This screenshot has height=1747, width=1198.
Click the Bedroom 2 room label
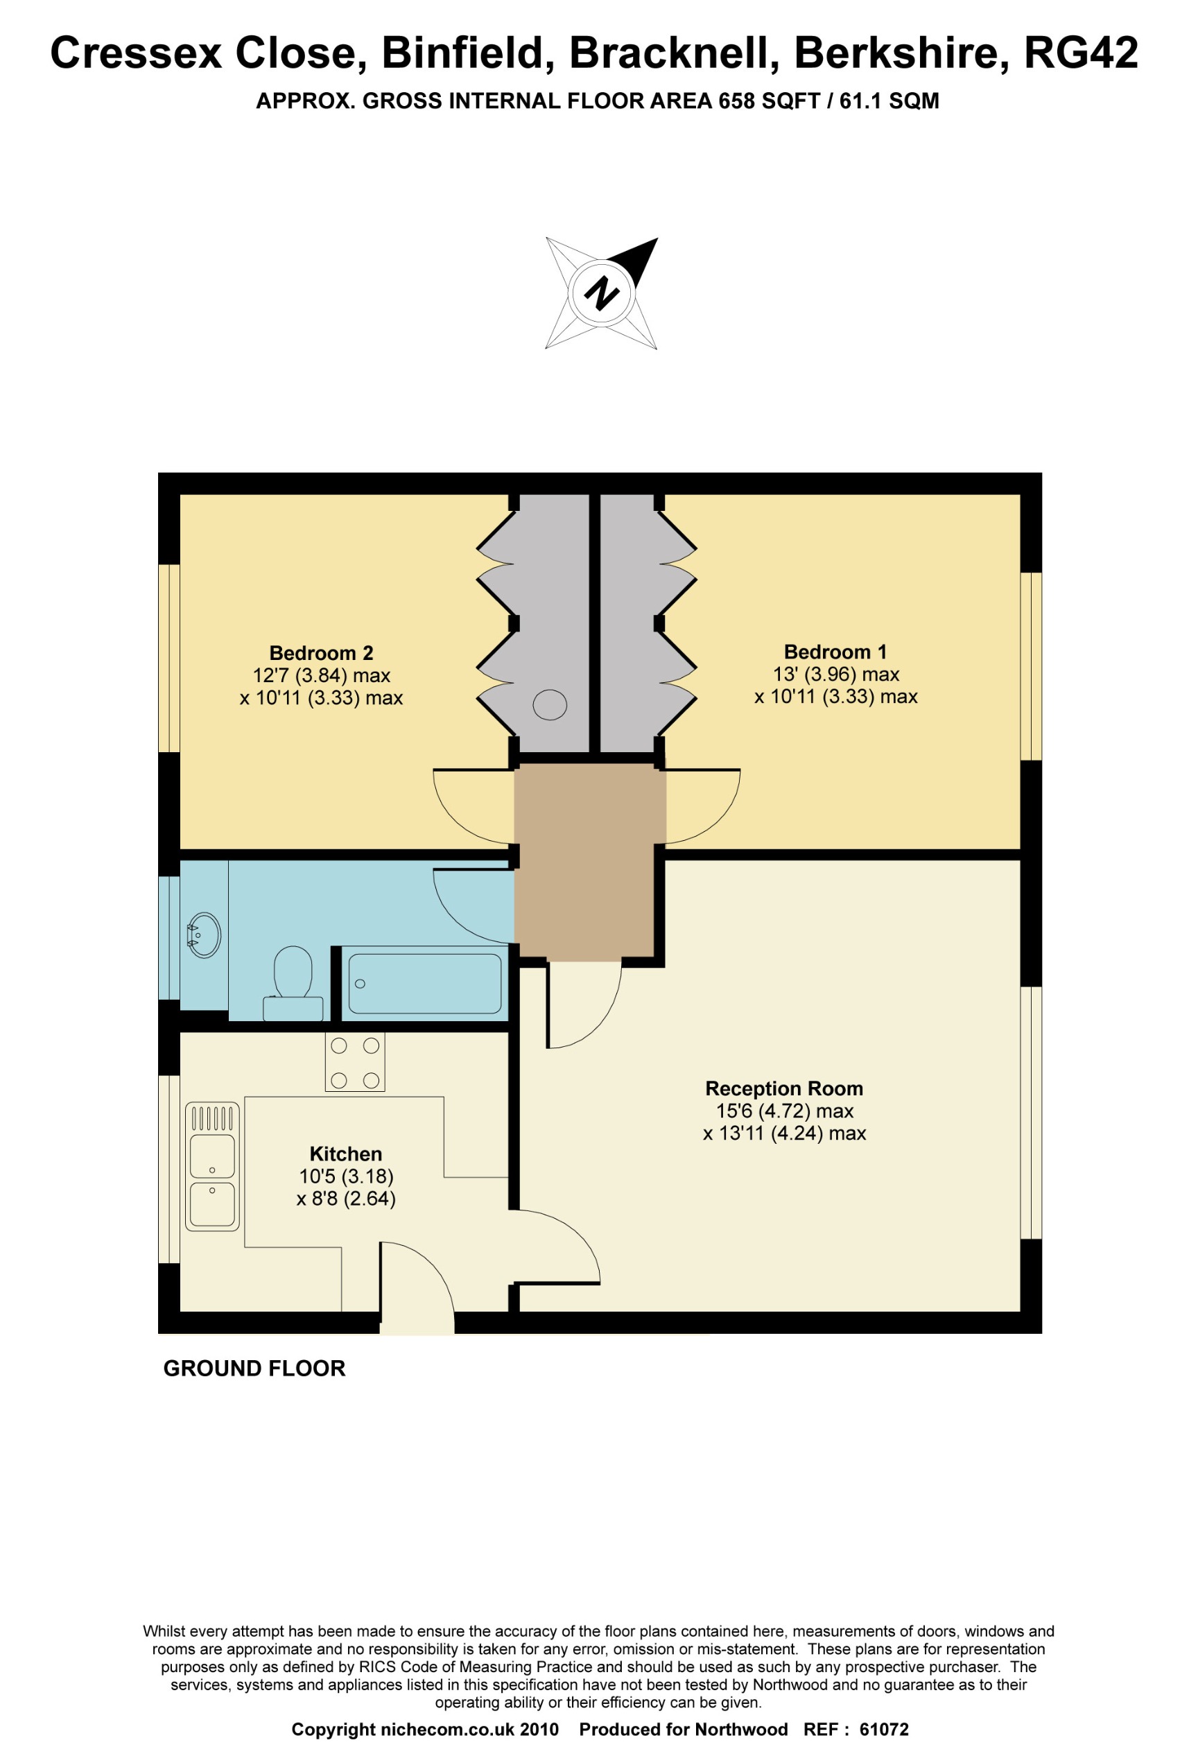click(321, 652)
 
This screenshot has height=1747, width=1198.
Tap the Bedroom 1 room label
click(835, 652)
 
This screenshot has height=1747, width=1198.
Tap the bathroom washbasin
click(204, 935)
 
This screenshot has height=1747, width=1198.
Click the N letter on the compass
click(601, 293)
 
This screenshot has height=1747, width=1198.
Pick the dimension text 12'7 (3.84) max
click(321, 675)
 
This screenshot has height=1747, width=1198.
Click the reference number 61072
click(884, 1730)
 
